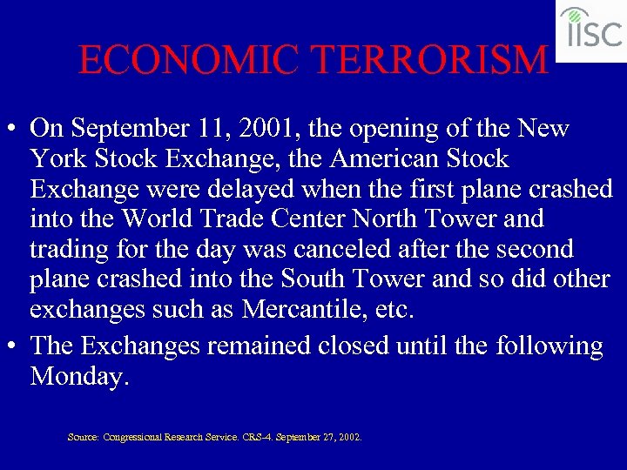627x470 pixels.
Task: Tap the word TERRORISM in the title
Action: (x=429, y=60)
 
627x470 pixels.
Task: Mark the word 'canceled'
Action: (x=328, y=249)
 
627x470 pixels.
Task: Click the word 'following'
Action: (x=549, y=346)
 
